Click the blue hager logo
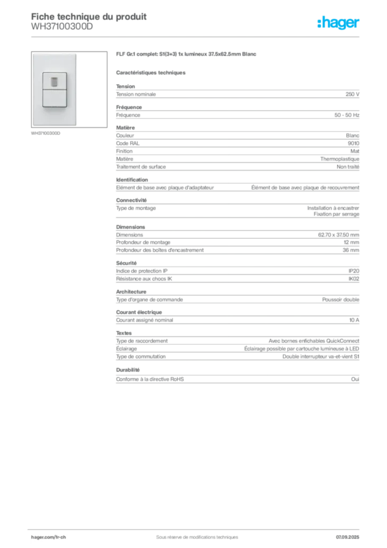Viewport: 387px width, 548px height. [x=339, y=24]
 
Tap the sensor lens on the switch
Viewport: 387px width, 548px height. [x=54, y=81]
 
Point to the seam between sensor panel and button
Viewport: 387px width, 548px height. [x=54, y=89]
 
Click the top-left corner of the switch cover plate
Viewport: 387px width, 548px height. [x=34, y=54]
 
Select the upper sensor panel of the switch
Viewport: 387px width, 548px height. [x=54, y=81]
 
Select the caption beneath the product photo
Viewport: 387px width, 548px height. [x=47, y=134]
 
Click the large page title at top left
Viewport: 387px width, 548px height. [x=88, y=16]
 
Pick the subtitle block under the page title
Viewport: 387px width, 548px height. [x=61, y=29]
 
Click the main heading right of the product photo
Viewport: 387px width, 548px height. [x=188, y=55]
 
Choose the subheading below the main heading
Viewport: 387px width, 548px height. [x=151, y=72]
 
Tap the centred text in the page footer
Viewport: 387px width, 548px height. [x=193, y=534]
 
